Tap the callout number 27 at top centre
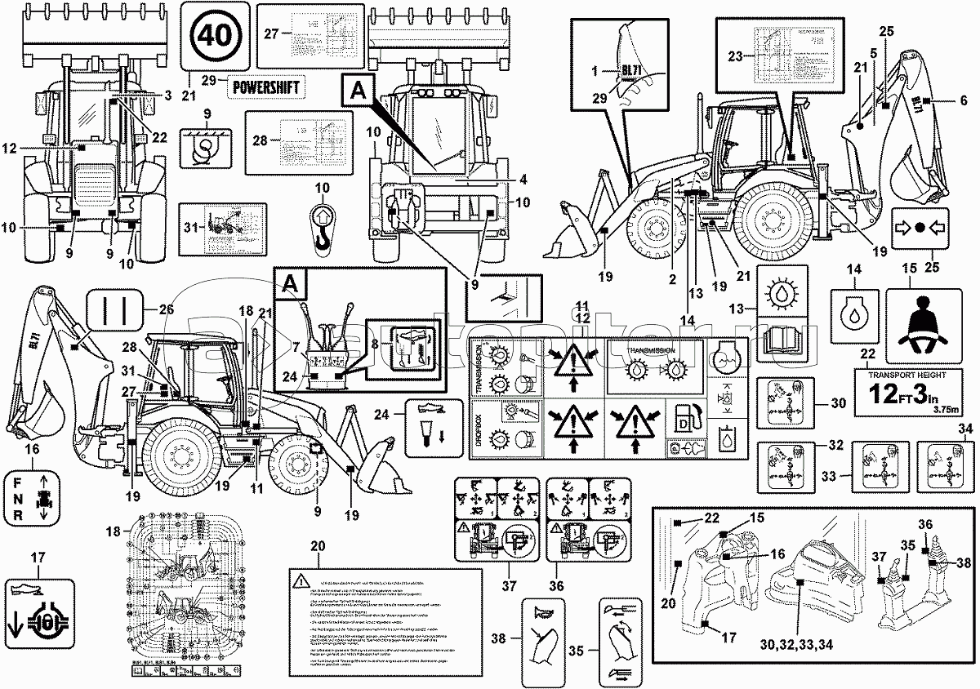(x=271, y=33)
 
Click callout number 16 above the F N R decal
(x=31, y=448)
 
